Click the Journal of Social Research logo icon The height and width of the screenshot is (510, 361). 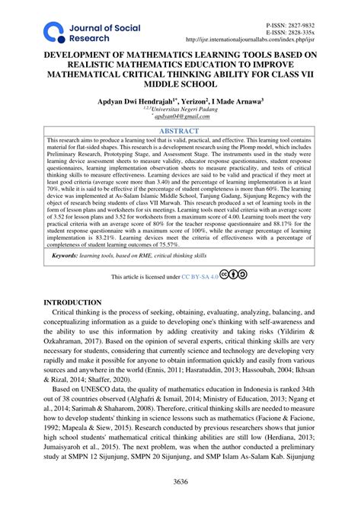pos(53,31)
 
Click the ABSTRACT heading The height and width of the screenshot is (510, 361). pos(180,130)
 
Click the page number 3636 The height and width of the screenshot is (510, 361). pos(180,480)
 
